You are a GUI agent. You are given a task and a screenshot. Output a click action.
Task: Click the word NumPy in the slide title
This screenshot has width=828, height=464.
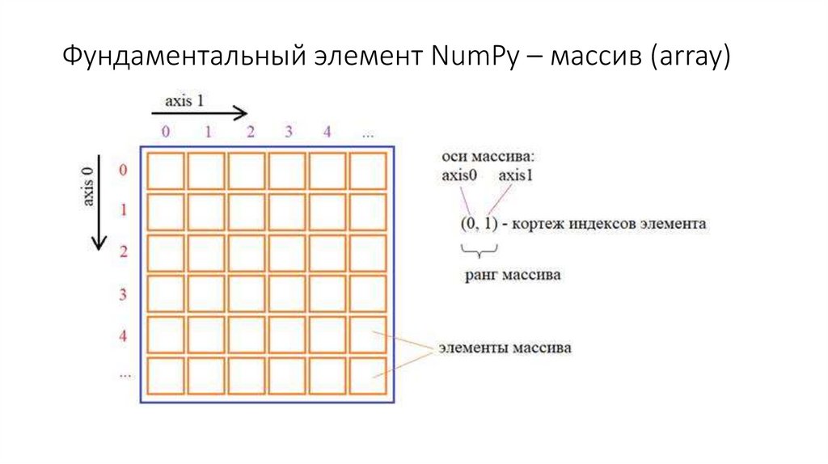(464, 57)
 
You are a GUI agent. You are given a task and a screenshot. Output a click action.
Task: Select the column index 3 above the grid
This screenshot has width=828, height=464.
(288, 133)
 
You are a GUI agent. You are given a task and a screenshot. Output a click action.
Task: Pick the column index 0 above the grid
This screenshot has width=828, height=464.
(166, 133)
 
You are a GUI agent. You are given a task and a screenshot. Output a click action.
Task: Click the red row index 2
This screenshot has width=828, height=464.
(124, 252)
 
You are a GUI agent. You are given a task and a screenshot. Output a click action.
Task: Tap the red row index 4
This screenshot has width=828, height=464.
(124, 335)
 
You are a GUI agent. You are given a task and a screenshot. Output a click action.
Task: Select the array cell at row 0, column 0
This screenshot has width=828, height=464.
(167, 171)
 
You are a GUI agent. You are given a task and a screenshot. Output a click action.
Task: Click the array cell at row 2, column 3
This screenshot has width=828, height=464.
(288, 253)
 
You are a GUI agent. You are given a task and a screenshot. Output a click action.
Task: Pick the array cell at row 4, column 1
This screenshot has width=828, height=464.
(207, 335)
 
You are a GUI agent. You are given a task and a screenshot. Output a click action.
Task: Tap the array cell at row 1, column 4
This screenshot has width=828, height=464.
(328, 212)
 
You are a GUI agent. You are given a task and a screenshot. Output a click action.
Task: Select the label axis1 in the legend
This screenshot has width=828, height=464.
(516, 176)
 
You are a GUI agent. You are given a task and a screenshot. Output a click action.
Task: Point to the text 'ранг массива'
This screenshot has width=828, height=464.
(513, 276)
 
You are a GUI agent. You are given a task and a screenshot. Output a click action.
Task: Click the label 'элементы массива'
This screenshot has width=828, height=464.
(505, 348)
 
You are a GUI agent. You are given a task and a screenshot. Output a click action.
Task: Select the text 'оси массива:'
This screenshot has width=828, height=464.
(483, 156)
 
